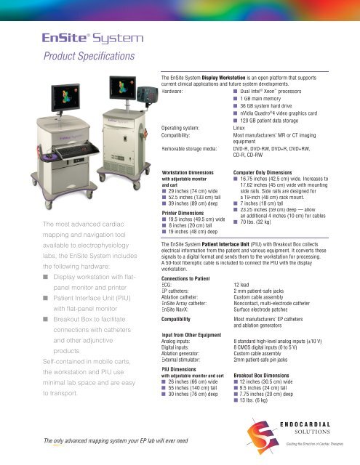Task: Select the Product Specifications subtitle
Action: coord(89,56)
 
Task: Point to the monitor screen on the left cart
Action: coord(65,97)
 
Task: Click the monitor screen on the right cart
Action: coord(123,87)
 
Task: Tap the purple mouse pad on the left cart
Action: coord(48,157)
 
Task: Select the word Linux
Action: coord(239,128)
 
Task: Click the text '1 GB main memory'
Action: coord(260,99)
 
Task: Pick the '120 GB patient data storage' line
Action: coord(269,121)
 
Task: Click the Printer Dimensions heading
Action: coord(183,213)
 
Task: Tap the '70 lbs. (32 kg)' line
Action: coord(255,222)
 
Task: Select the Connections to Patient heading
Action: coord(185,278)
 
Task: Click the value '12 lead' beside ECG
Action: coord(241,285)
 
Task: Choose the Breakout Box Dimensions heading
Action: coord(262,375)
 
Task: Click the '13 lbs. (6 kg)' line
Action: coord(254,400)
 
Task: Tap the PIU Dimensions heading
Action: coord(179,369)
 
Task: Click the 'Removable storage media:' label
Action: coord(189,148)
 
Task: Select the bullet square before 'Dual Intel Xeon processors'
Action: coord(236,92)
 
